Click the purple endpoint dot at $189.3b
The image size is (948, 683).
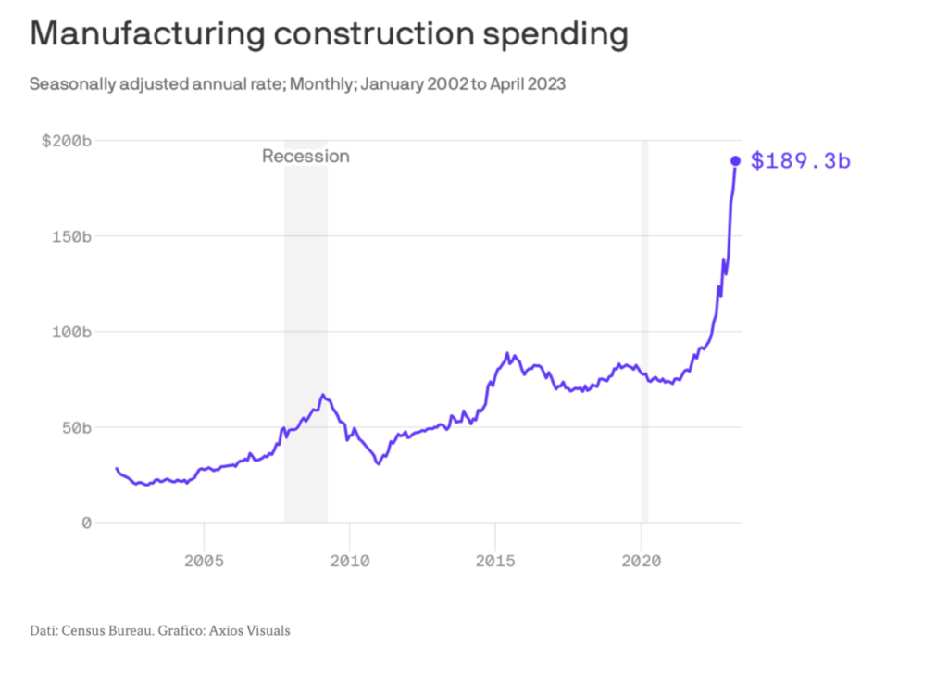735,161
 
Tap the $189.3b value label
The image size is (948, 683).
801,161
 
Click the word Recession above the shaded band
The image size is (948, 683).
306,156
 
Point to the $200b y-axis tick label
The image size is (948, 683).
67,141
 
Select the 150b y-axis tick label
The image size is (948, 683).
71,236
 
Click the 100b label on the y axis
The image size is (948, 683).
71,332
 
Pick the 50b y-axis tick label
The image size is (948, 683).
76,428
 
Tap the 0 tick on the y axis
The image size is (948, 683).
86,523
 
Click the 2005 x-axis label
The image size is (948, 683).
205,561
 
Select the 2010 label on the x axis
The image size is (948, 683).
350,561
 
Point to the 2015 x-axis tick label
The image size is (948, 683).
496,561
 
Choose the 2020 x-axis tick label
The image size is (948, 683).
642,561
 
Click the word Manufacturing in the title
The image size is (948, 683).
147,34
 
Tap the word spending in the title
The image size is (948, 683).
555,35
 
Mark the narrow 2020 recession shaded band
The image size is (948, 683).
644,332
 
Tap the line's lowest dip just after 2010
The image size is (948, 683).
379,464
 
